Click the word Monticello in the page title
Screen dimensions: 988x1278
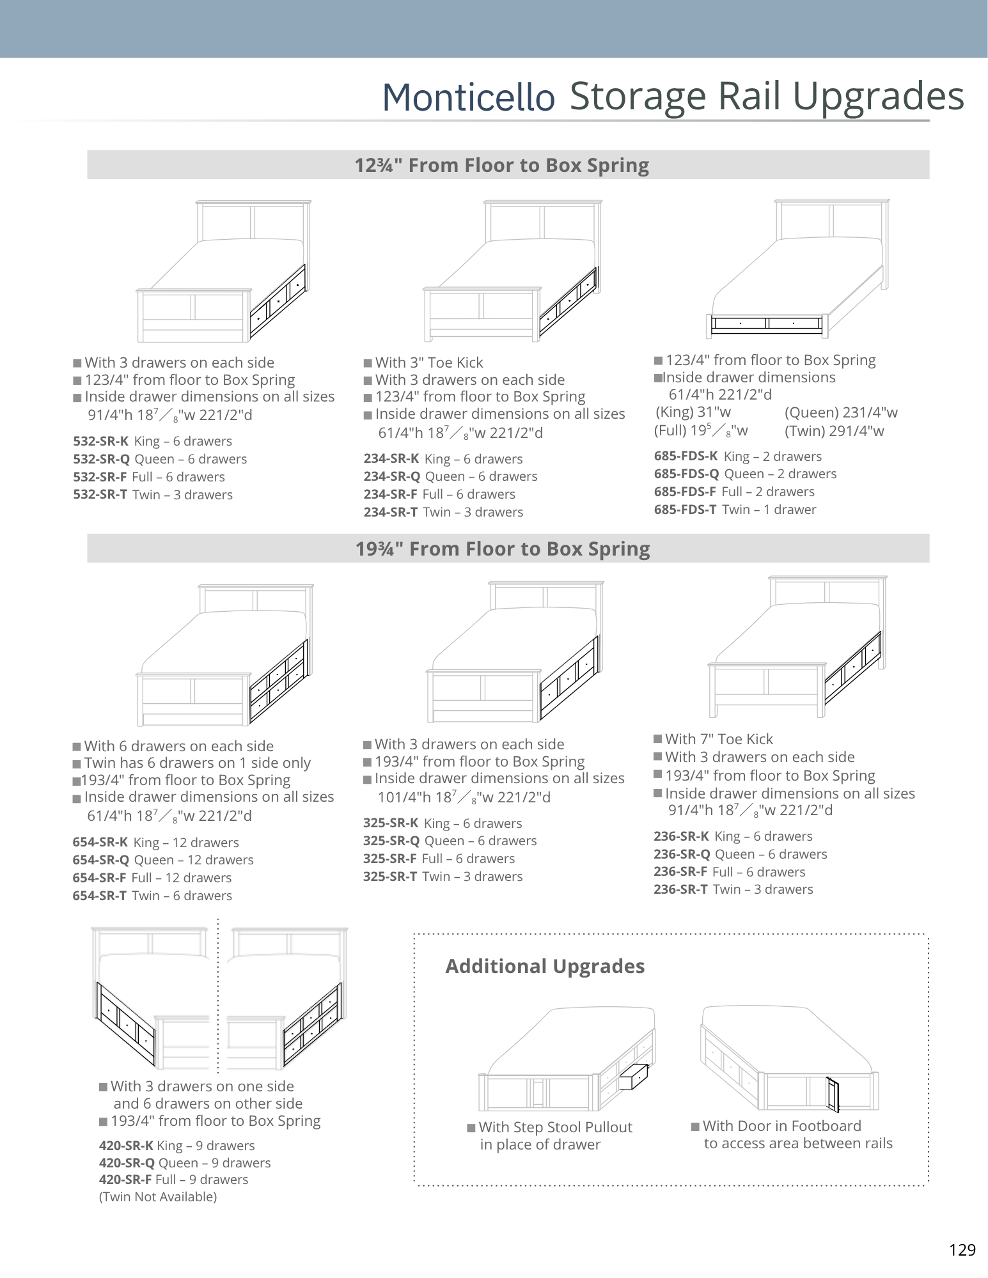[468, 98]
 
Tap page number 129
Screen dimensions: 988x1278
[962, 1250]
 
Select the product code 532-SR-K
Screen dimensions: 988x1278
[101, 441]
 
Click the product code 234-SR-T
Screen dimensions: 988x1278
[390, 512]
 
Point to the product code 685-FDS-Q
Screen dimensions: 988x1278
[686, 474]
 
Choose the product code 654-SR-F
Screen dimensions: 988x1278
[99, 878]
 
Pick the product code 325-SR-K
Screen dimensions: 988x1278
[391, 823]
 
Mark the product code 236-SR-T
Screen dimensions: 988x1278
[680, 889]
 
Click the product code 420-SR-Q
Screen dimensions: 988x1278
[127, 1163]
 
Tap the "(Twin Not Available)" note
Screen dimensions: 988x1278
[158, 1197]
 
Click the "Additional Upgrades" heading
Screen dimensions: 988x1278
[545, 966]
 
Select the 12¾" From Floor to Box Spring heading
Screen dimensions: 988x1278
[502, 166]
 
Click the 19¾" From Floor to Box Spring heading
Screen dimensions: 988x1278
[503, 549]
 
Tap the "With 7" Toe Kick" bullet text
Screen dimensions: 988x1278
[719, 739]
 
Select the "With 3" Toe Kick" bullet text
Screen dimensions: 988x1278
[429, 362]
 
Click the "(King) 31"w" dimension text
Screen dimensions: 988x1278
[693, 412]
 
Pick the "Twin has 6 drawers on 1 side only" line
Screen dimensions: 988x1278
[198, 763]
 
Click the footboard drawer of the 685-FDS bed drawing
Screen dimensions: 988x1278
[767, 324]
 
